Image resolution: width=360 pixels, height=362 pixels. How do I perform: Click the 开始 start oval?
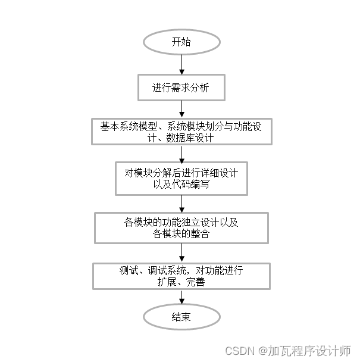tap(181, 42)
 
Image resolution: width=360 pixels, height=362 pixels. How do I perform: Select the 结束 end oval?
tap(181, 317)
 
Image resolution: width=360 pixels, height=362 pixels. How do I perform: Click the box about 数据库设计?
tap(181, 132)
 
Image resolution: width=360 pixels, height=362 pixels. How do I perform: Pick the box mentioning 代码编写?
tap(181, 179)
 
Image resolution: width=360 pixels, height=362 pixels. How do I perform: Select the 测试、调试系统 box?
tap(181, 276)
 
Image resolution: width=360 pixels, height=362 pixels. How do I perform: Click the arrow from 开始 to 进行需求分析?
tap(181, 65)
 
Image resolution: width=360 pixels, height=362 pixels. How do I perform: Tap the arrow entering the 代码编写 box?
tap(181, 154)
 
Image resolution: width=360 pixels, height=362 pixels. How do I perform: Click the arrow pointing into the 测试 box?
tap(181, 252)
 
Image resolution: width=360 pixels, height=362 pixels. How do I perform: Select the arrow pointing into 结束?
tap(181, 297)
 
